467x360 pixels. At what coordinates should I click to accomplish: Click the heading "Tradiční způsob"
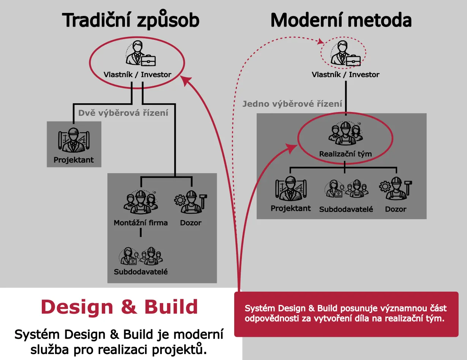click(131, 20)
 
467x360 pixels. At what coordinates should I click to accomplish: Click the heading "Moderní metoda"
click(341, 20)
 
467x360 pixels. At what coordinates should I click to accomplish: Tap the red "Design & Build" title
click(119, 306)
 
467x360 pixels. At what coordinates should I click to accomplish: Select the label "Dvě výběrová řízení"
click(123, 113)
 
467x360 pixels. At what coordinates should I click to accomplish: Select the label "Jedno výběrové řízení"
click(292, 104)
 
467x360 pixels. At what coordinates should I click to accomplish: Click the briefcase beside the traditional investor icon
click(148, 61)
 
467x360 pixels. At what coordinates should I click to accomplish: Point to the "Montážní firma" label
click(140, 223)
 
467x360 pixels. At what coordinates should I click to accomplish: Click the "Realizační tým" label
click(345, 154)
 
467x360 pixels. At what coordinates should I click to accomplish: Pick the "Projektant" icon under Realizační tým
click(290, 189)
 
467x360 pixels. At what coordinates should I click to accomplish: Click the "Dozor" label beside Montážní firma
click(191, 223)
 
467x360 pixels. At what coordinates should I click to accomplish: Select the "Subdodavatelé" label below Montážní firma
click(140, 272)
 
